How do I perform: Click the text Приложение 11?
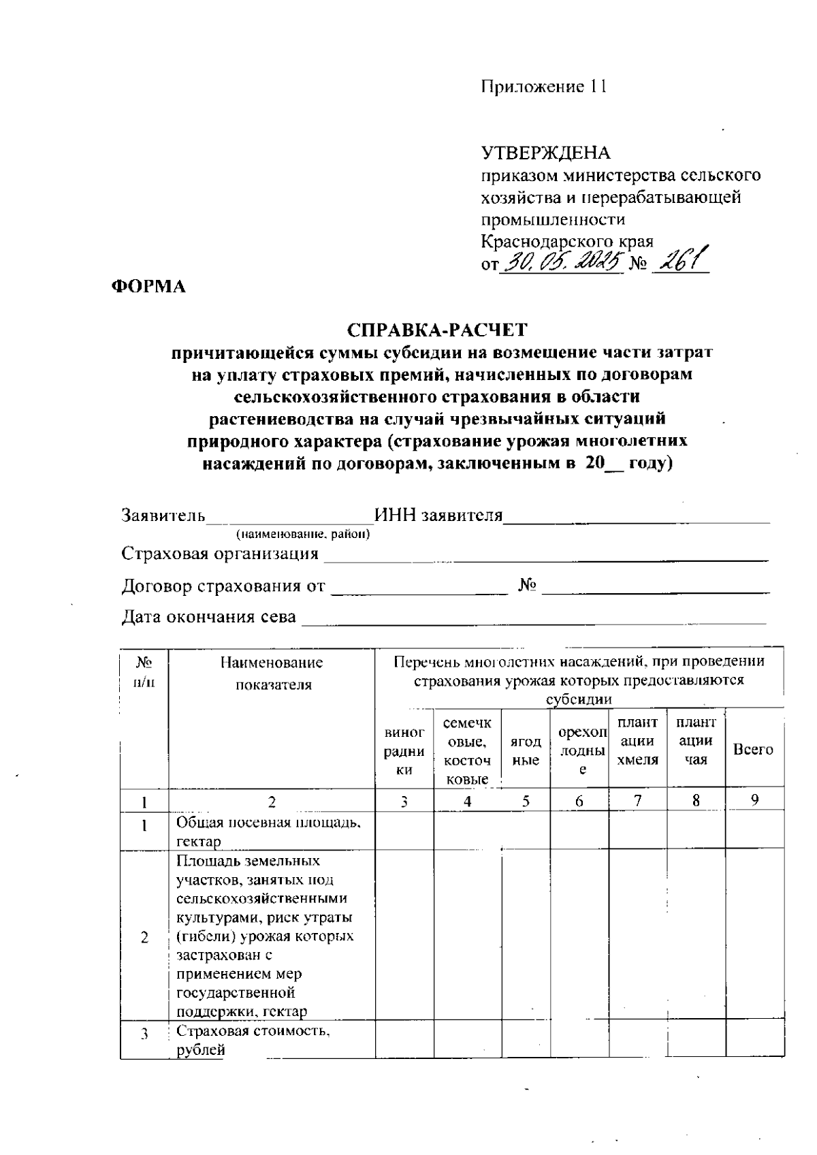(543, 87)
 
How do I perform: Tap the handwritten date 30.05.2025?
(562, 260)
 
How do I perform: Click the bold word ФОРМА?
(148, 287)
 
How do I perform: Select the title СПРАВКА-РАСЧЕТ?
(437, 330)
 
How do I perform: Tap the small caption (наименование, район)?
(302, 535)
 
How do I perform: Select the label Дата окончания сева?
(208, 617)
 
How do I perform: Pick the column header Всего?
(753, 749)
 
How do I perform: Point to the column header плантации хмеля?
(637, 741)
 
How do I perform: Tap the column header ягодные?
(526, 750)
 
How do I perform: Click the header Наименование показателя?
(272, 673)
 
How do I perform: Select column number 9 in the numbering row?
(754, 801)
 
